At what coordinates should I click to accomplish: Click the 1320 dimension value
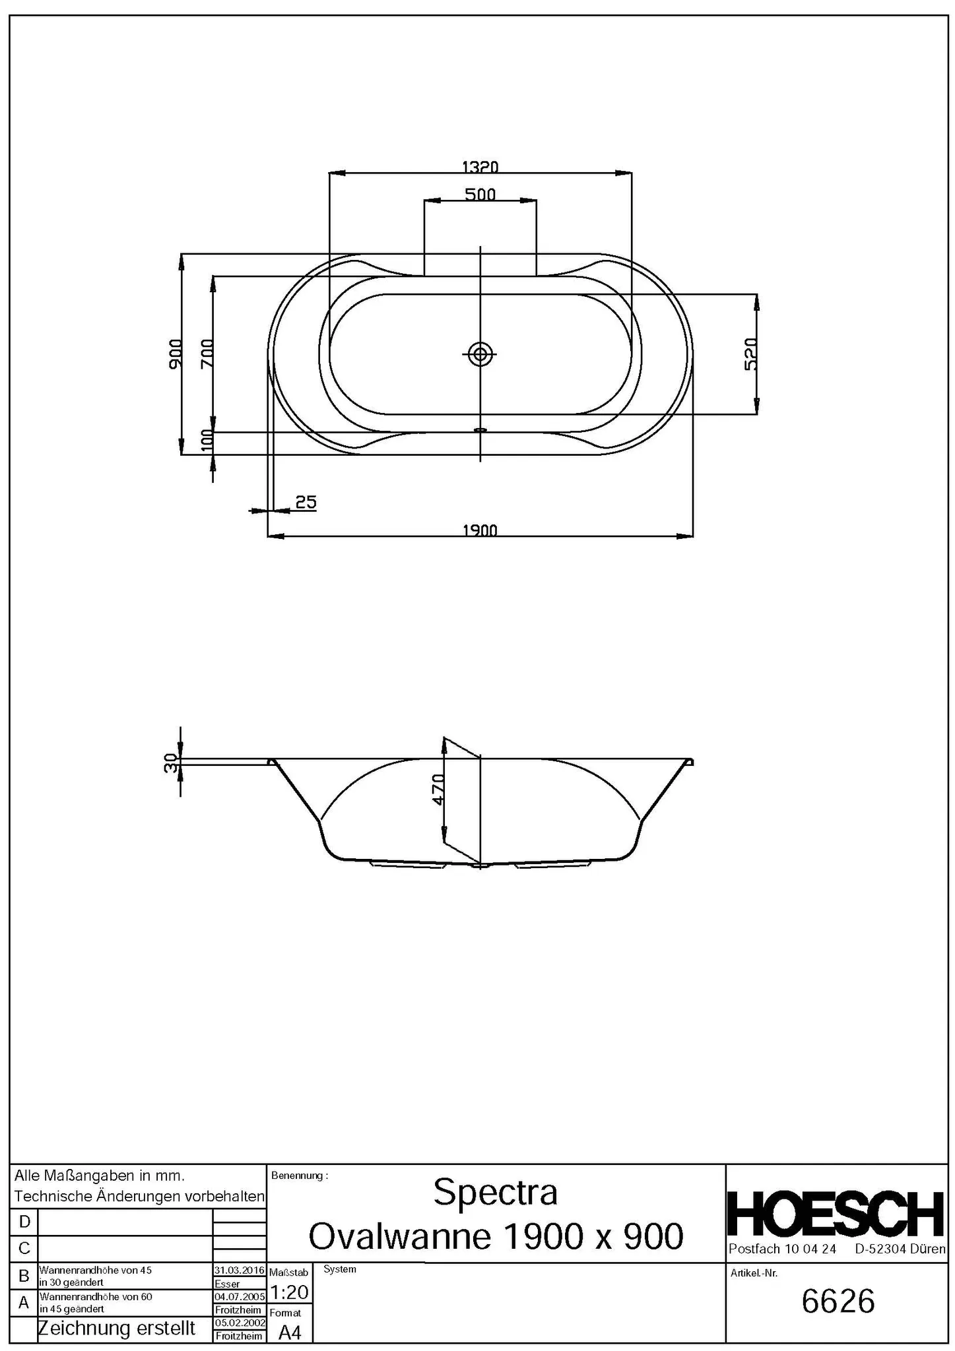click(x=479, y=166)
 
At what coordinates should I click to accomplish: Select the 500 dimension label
click(x=480, y=194)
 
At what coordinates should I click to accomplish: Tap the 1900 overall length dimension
click(x=480, y=529)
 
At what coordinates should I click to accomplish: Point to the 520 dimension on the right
click(x=750, y=354)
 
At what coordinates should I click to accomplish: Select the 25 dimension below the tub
click(x=306, y=502)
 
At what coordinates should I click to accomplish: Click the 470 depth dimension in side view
click(x=438, y=789)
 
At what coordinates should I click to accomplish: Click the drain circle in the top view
click(x=480, y=354)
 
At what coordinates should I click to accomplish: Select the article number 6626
click(x=838, y=1302)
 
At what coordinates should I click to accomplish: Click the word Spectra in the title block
click(x=495, y=1192)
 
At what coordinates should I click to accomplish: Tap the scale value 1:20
click(x=290, y=1292)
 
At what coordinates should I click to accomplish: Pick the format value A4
click(x=290, y=1333)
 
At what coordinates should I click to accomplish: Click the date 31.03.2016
click(x=239, y=1270)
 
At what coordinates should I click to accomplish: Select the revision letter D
click(x=24, y=1221)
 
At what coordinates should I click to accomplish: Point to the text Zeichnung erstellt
click(x=117, y=1327)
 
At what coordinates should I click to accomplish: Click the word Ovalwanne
click(x=400, y=1236)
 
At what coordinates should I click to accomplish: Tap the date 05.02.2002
click(x=239, y=1323)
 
